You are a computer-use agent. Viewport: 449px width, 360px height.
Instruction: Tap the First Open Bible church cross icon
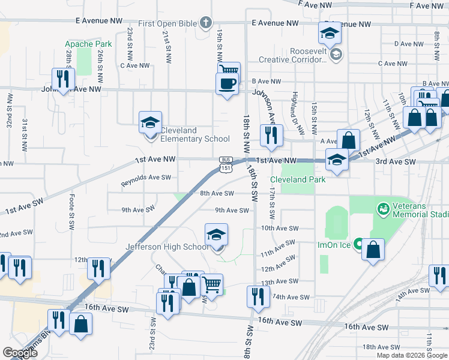coord(206,23)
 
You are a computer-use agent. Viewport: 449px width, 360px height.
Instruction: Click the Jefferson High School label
coord(167,247)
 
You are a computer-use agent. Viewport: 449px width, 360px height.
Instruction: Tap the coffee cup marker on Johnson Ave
coord(227,84)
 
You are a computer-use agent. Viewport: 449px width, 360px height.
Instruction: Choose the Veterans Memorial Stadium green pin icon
coord(382,209)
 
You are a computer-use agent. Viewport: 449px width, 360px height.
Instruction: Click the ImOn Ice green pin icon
coord(358,244)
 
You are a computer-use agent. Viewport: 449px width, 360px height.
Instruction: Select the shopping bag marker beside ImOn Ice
coord(373,250)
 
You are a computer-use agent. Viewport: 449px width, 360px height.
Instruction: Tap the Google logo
coord(20,353)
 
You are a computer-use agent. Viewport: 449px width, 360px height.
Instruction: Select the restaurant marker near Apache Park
coord(62,79)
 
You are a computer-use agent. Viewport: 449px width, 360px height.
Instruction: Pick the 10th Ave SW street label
coord(280,228)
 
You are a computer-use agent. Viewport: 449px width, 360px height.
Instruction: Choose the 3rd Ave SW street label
coord(396,162)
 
